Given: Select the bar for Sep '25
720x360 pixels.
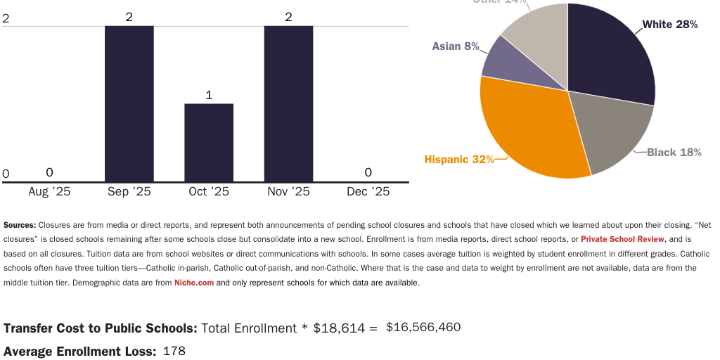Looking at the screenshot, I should (129, 103).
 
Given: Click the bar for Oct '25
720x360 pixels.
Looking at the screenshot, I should (209, 143).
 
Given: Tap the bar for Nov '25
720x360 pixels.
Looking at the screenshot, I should (288, 103).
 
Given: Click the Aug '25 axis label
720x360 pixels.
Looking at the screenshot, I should (49, 191).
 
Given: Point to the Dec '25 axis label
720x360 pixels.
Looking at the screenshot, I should (368, 191).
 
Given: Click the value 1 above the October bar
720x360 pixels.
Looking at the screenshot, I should (209, 95).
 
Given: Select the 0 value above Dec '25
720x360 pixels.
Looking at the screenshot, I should (368, 172).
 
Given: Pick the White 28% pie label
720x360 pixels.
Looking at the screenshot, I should (669, 25).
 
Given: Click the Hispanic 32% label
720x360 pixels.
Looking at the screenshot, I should (458, 160).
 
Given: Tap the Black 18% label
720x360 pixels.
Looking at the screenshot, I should (674, 152).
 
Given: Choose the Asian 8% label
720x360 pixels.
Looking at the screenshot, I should (456, 46).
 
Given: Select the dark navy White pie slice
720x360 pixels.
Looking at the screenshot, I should (608, 56).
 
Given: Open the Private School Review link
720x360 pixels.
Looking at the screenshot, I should (622, 239).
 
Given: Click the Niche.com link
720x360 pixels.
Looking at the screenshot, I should (193, 283).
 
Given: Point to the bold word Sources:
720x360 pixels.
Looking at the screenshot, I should (20, 225).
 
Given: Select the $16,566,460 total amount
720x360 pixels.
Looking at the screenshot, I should (423, 327).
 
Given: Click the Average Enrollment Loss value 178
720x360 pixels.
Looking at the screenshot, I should (174, 350).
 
